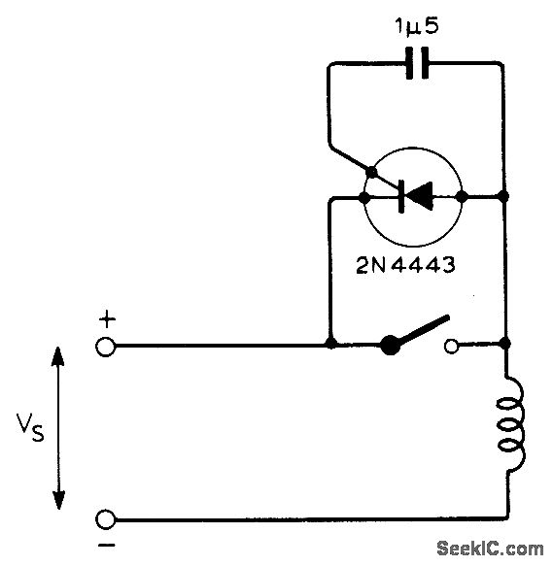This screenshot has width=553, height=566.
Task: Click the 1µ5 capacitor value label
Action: pyautogui.click(x=416, y=26)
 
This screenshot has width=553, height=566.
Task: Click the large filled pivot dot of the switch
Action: pyautogui.click(x=391, y=344)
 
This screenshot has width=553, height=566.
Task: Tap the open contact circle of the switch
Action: pyautogui.click(x=451, y=344)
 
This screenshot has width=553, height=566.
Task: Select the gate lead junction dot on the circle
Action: pyautogui.click(x=370, y=172)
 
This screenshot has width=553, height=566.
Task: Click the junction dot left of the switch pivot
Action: pyautogui.click(x=332, y=344)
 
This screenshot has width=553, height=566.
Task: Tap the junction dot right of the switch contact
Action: pyautogui.click(x=505, y=344)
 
